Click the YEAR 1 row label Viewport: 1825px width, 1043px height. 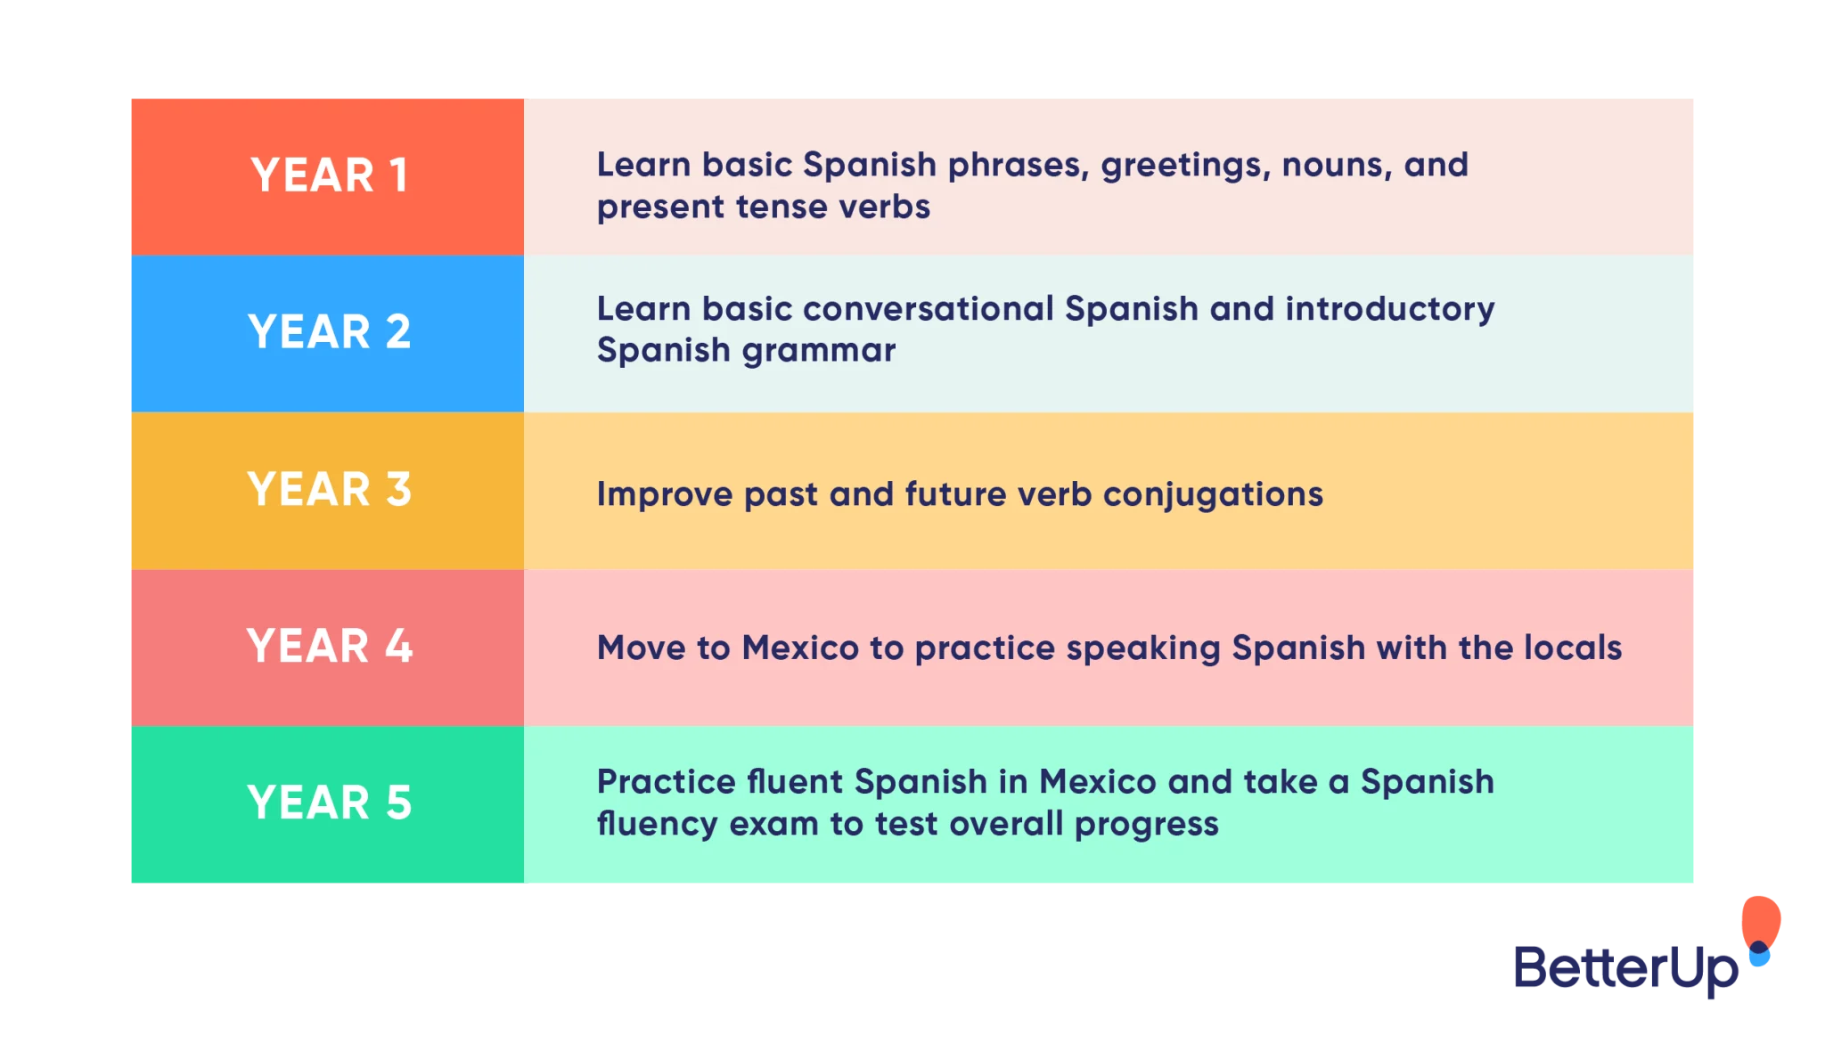[330, 175]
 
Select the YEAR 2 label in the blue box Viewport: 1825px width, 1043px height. [330, 331]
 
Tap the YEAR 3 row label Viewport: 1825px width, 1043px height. [330, 489]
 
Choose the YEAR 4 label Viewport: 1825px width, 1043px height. [330, 646]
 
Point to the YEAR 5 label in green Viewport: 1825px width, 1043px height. [330, 803]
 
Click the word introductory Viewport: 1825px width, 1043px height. [1390, 310]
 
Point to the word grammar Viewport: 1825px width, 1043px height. [819, 353]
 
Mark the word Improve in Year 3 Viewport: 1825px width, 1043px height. [665, 495]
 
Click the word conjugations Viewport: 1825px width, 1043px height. [1213, 496]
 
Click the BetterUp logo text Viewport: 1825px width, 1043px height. [1625, 969]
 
